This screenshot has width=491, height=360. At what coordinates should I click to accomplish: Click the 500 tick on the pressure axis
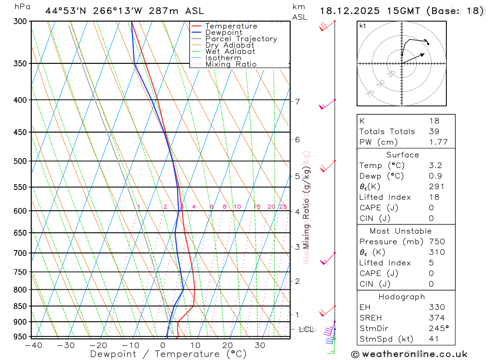[x=20, y=161]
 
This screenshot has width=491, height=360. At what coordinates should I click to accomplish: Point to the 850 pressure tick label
[x=20, y=306]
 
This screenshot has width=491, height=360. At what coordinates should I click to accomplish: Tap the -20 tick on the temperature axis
[x=98, y=345]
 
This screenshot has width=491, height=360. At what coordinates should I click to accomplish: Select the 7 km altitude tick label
[x=298, y=102]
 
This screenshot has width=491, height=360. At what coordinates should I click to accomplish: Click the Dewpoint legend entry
[x=223, y=32]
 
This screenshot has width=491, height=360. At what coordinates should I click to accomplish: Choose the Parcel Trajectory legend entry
[x=241, y=39]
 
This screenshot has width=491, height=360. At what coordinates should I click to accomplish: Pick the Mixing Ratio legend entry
[x=231, y=64]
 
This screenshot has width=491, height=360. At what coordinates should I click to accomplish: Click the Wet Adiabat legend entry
[x=230, y=52]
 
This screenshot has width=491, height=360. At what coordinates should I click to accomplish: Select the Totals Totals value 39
[x=434, y=131]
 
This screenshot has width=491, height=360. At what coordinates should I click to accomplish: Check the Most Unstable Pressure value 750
[x=436, y=242]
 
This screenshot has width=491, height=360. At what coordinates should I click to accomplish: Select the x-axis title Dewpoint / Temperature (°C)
[x=168, y=354]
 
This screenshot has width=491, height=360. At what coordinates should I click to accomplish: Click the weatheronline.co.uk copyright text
[x=409, y=354]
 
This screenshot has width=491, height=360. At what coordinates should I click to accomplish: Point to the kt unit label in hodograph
[x=363, y=26]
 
